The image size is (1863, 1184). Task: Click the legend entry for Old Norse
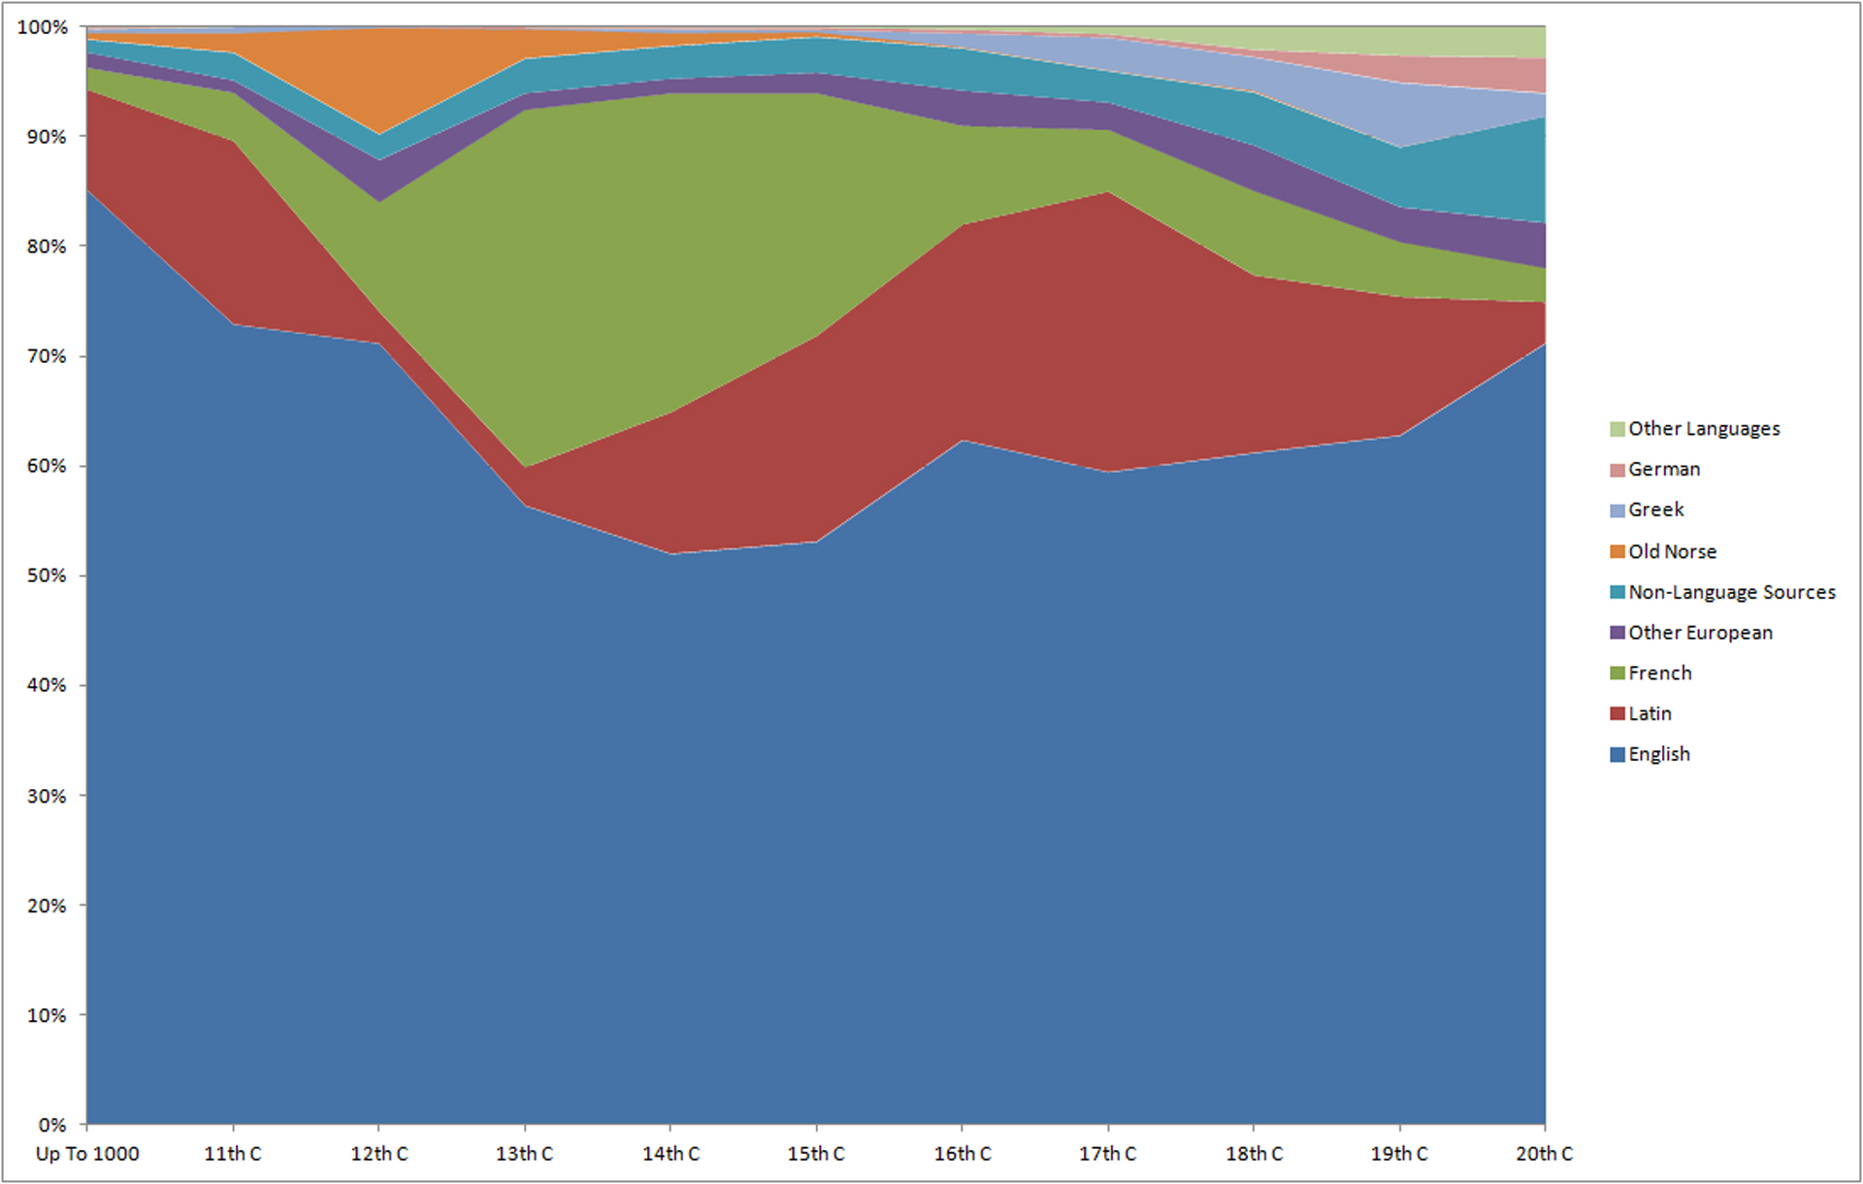pos(1671,551)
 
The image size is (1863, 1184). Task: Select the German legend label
pos(1663,470)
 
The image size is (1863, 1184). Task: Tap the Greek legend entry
pos(1655,510)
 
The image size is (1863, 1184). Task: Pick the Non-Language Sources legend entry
pos(1731,592)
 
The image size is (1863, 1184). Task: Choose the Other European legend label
pos(1699,633)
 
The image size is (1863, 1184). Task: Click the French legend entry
pos(1659,674)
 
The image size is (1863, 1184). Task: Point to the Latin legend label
pos(1649,714)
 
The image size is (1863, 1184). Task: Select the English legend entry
pos(1658,755)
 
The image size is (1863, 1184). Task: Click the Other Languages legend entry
pos(1703,429)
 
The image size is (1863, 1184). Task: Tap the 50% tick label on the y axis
pos(47,576)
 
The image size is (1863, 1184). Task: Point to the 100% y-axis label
pos(43,27)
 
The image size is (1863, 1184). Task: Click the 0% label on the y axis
pos(51,1125)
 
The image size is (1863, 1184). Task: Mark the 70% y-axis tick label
pos(47,356)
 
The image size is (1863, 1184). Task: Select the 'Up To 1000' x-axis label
pos(87,1154)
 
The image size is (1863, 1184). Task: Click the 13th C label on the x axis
pos(524,1154)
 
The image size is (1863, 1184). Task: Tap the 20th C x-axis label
pos(1544,1154)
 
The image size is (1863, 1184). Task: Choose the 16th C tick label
pos(962,1154)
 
